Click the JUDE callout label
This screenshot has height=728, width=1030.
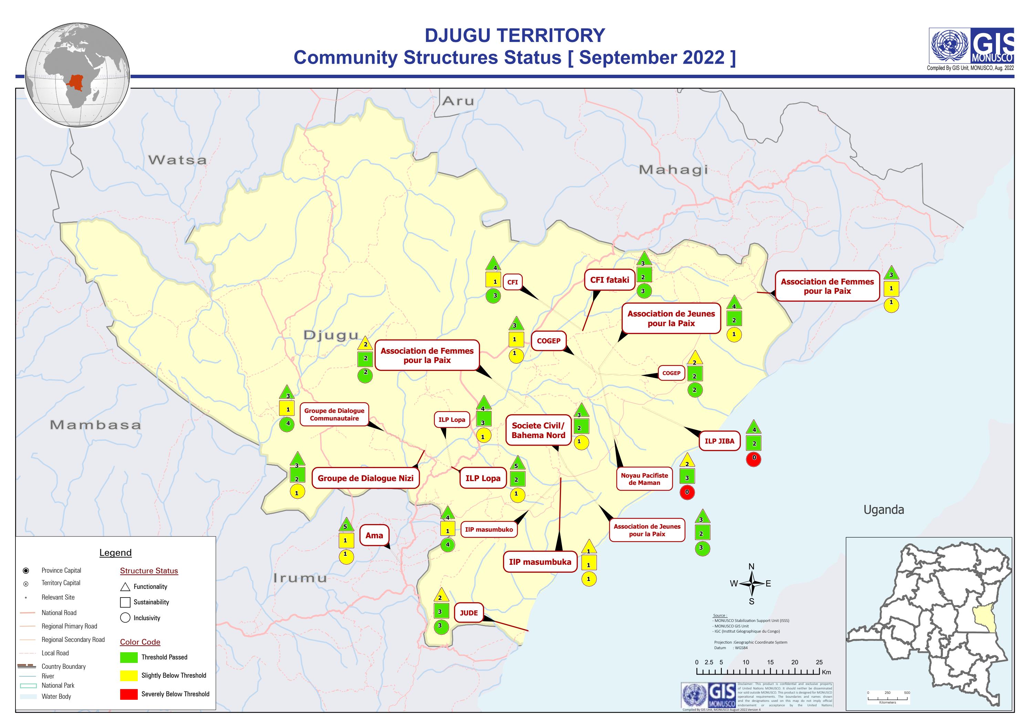pos(468,613)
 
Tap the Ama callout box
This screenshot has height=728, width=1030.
pos(374,535)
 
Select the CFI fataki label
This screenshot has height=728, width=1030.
pos(609,280)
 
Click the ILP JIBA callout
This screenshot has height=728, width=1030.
pos(719,441)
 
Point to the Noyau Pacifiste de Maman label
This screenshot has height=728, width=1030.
pos(644,479)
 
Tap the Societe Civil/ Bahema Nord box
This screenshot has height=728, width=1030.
pos(538,430)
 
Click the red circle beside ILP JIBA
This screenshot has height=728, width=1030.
pos(754,458)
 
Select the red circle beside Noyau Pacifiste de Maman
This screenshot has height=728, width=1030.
pos(687,492)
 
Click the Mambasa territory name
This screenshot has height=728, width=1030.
pos(95,425)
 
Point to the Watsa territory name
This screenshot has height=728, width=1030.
pos(178,160)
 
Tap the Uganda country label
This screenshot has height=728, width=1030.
pos(883,510)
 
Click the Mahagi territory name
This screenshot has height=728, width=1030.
pos(673,169)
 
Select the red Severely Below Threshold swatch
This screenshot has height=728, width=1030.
pos(129,694)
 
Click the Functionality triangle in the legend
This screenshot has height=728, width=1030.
pos(125,587)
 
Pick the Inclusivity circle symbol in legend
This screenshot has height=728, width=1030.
pos(125,618)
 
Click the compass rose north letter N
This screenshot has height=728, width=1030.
pos(751,566)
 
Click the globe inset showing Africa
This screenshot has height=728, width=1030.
pos(77,75)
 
